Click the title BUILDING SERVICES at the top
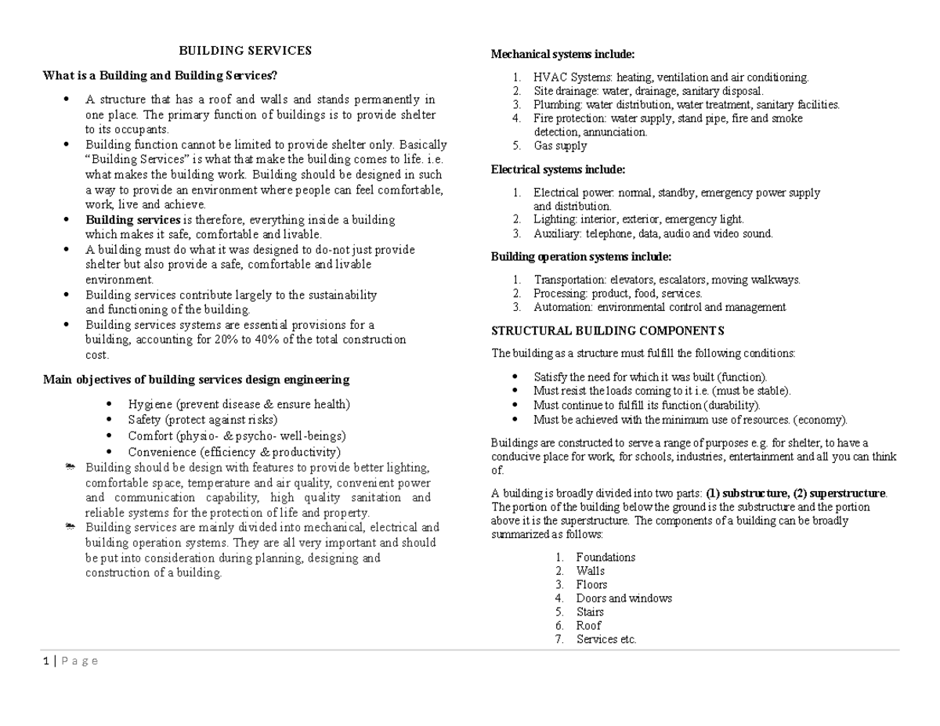245,51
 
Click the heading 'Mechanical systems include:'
562,54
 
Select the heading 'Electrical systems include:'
558,169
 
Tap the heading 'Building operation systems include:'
580,256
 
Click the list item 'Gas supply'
560,146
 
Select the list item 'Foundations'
606,558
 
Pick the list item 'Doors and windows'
624,598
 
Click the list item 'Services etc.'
606,640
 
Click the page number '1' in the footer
45,661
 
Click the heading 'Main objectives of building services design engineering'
196,380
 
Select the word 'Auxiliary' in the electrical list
556,233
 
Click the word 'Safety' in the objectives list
144,420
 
